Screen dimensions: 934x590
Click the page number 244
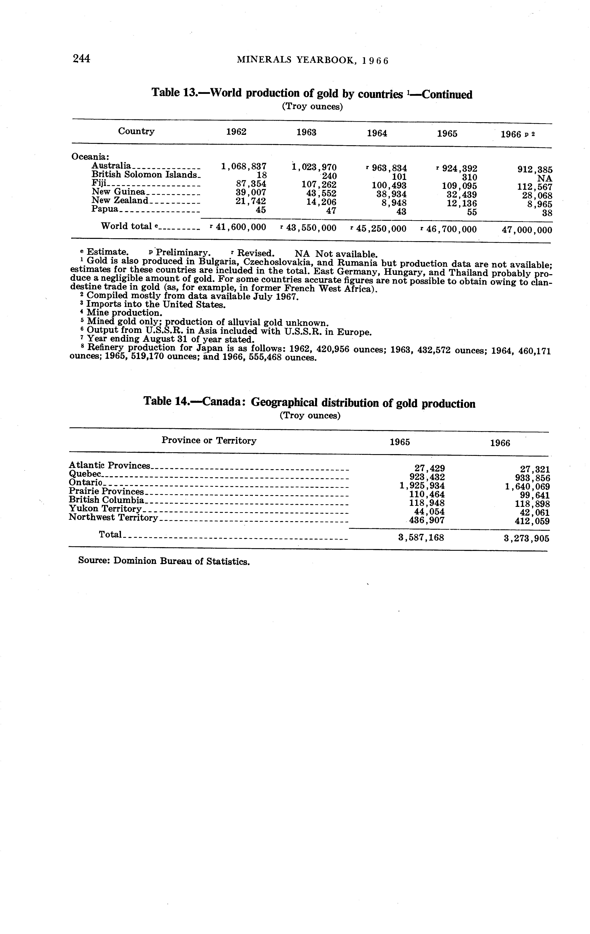coord(81,59)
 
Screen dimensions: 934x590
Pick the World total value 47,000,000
coord(527,230)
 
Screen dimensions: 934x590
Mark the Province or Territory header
coord(209,441)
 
